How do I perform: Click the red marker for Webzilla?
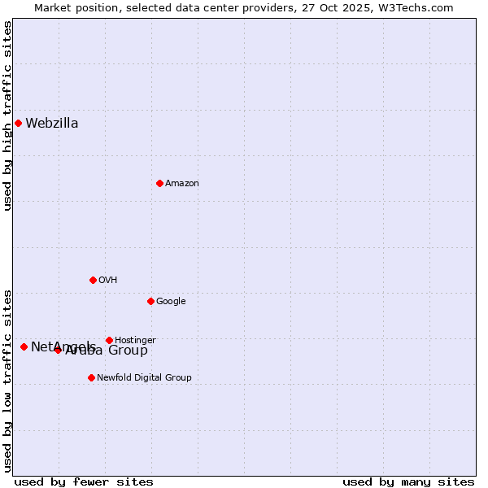(x=18, y=123)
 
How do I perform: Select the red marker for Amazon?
(x=159, y=183)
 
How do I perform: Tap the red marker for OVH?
(x=93, y=280)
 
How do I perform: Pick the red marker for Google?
(x=150, y=301)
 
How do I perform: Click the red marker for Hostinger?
(x=109, y=340)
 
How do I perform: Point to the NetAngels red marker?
(x=24, y=346)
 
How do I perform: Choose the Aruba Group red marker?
(x=58, y=350)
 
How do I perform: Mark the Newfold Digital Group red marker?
(x=91, y=377)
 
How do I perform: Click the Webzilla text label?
(x=52, y=124)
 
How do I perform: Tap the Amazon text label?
(x=182, y=184)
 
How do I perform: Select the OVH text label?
(x=108, y=281)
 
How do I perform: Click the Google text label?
(x=171, y=302)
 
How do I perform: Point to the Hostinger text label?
(x=135, y=341)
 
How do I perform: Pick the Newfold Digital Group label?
(x=144, y=378)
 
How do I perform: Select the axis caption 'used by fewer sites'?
(x=84, y=481)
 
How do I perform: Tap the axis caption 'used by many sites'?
(x=408, y=481)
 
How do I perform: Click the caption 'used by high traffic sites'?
(x=8, y=116)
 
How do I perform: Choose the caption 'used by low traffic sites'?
(x=8, y=381)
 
